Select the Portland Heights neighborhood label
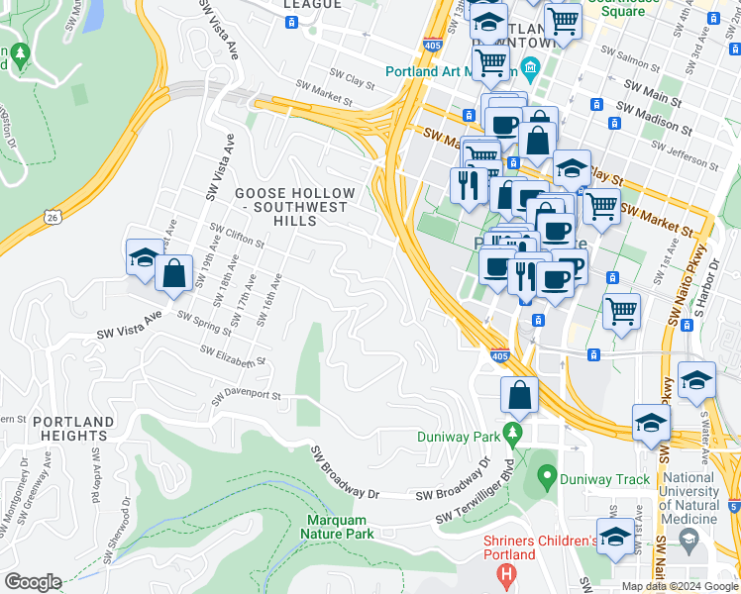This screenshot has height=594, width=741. [70, 429]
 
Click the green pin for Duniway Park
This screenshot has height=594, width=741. [511, 434]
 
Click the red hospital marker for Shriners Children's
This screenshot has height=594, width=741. [506, 573]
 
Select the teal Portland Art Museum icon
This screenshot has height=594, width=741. [531, 71]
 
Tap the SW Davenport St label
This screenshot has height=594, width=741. [246, 397]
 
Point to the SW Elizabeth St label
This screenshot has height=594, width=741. [234, 355]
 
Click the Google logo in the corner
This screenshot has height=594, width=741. [33, 582]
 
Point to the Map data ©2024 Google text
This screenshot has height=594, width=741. [680, 586]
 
